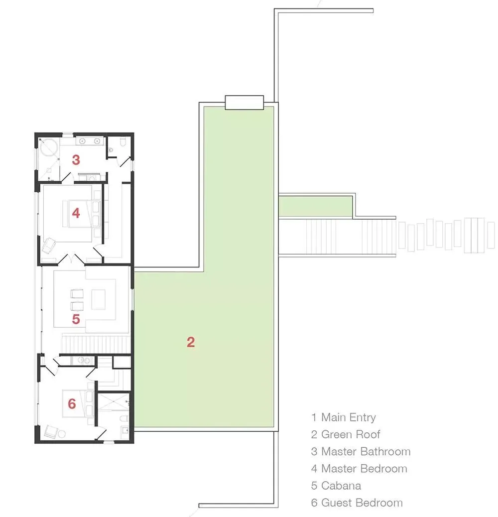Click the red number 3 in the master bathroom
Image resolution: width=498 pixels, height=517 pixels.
tap(76, 160)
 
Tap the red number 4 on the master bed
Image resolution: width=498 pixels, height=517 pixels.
tap(76, 213)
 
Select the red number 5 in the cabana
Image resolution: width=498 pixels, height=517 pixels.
tap(76, 319)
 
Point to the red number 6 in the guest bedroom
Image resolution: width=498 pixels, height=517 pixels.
tap(72, 403)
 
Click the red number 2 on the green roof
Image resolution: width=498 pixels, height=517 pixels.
tap(191, 342)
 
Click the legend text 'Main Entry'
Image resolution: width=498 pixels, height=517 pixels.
tap(349, 417)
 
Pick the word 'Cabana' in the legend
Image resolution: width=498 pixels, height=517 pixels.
tap(341, 486)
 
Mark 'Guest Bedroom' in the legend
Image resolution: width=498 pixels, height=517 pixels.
tap(362, 503)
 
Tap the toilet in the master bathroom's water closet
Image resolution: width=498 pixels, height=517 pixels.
tap(123, 142)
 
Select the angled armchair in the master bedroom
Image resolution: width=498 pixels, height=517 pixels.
tap(49, 246)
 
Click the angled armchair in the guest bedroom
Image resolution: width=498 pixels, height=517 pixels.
tap(51, 432)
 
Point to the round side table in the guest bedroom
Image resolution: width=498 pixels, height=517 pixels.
tap(62, 434)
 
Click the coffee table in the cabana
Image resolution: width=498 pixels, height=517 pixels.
tap(98, 299)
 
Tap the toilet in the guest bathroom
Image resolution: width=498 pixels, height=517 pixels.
tap(124, 418)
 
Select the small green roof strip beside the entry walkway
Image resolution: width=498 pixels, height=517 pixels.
tap(315, 206)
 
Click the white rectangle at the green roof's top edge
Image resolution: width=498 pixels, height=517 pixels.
tap(244, 103)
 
